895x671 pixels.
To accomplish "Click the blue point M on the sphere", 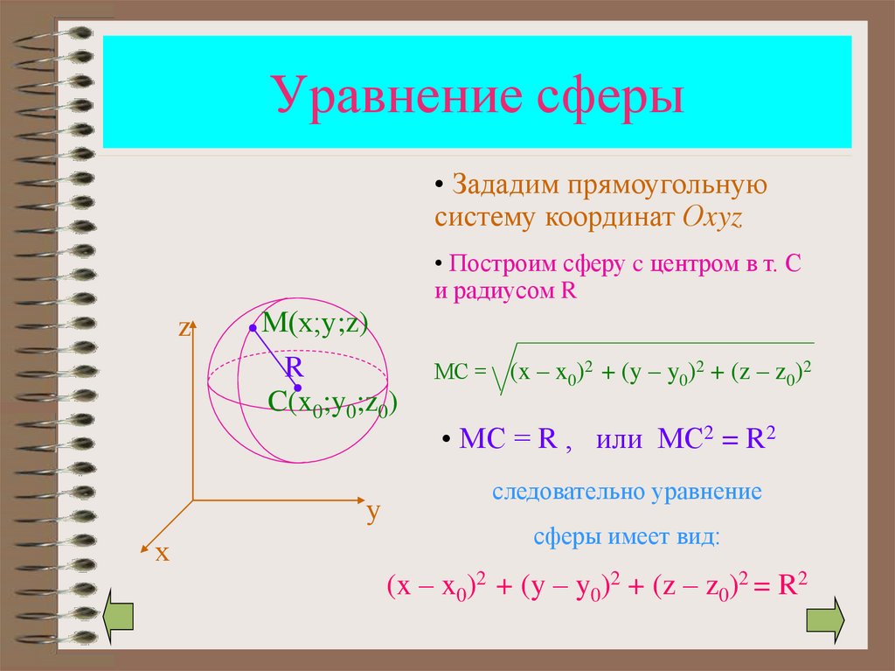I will click(x=253, y=328).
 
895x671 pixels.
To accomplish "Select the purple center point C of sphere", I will click(x=298, y=387).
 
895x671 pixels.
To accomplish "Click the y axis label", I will click(x=373, y=512).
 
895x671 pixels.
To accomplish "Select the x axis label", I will click(x=162, y=553).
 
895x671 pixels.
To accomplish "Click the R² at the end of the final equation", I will click(x=791, y=585).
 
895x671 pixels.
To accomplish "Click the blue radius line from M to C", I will click(x=275, y=357).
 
